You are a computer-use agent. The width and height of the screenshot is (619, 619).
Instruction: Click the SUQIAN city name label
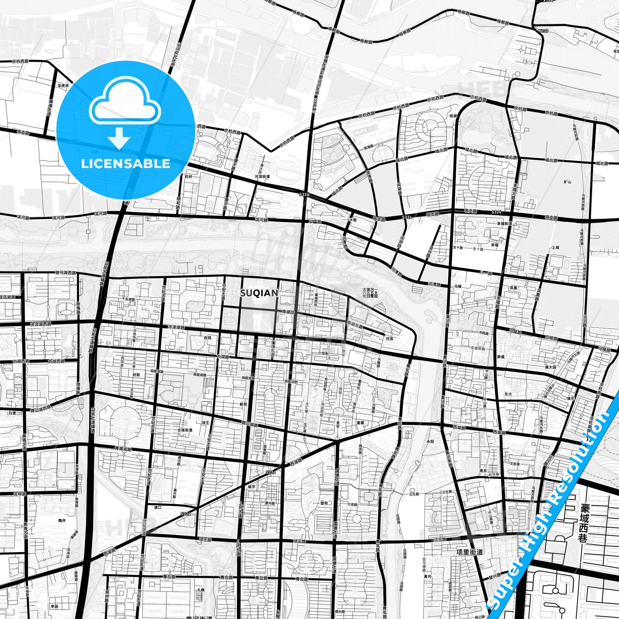(x=259, y=293)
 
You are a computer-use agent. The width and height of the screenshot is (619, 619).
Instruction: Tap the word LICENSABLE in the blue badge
(x=126, y=164)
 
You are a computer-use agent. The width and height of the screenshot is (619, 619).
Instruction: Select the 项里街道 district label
(x=469, y=552)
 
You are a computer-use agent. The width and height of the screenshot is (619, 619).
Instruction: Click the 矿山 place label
(x=568, y=182)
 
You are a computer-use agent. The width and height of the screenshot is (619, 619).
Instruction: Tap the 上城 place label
(x=556, y=247)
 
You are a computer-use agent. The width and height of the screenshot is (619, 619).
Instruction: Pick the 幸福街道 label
(x=505, y=224)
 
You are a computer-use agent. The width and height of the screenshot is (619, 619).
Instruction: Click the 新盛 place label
(x=501, y=356)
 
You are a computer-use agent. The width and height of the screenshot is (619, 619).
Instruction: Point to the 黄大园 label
(x=550, y=367)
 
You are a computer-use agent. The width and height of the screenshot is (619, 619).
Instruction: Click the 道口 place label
(x=158, y=507)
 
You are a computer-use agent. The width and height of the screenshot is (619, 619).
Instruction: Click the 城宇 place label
(x=251, y=487)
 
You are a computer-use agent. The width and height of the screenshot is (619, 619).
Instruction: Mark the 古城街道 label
(x=185, y=430)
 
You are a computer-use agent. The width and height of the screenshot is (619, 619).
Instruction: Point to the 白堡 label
(x=12, y=413)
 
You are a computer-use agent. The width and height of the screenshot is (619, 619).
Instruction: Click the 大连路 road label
(x=352, y=505)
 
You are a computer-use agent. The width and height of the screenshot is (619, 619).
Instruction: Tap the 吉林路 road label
(x=20, y=494)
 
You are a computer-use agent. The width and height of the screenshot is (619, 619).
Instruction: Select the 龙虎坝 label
(x=63, y=85)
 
